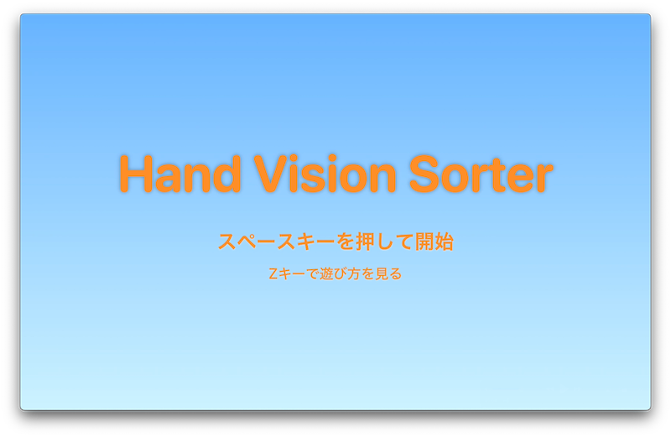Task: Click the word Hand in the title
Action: click(180, 174)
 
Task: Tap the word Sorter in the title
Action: click(481, 174)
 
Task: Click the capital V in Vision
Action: click(271, 174)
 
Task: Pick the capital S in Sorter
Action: click(425, 174)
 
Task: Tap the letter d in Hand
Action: click(226, 174)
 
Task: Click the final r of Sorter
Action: click(544, 178)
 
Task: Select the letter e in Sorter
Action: click(517, 179)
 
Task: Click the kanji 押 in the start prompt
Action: click(365, 242)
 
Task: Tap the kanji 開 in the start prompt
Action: click(424, 242)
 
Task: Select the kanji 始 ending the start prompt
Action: click(444, 242)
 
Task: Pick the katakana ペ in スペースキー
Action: click(247, 242)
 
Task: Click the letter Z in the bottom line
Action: click(273, 273)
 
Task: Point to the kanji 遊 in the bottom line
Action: click(326, 273)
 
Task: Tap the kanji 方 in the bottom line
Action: click(354, 273)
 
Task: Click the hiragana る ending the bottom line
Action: click(395, 274)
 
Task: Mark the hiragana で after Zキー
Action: click(313, 274)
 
